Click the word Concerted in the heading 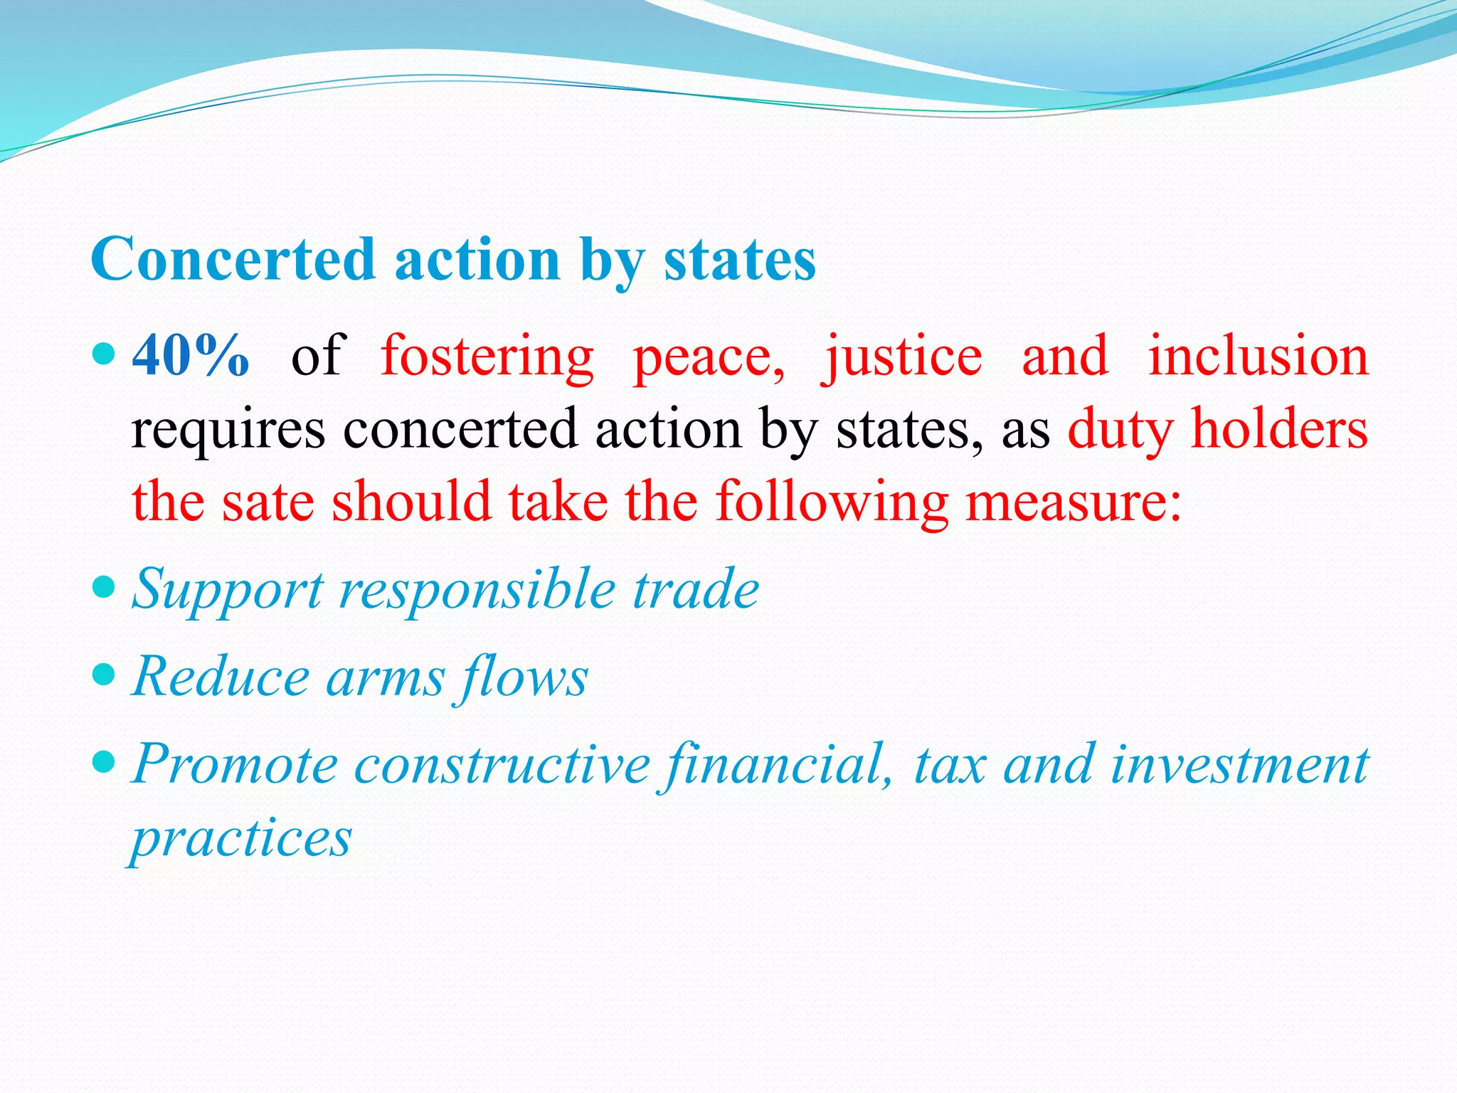pyautogui.click(x=233, y=260)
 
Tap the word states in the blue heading pyautogui.click(x=740, y=260)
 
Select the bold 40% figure pyautogui.click(x=191, y=355)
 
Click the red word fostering pyautogui.click(x=487, y=355)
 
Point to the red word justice pyautogui.click(x=902, y=355)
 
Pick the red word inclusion pyautogui.click(x=1258, y=355)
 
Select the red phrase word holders pyautogui.click(x=1279, y=429)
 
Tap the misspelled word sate pyautogui.click(x=268, y=502)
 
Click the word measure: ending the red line pyautogui.click(x=1074, y=502)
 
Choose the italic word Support pyautogui.click(x=228, y=590)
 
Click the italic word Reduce pyautogui.click(x=221, y=677)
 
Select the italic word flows pyautogui.click(x=523, y=677)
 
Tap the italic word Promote pyautogui.click(x=235, y=764)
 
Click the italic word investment pyautogui.click(x=1239, y=764)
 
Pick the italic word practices pyautogui.click(x=241, y=838)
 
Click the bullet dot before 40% pyautogui.click(x=104, y=352)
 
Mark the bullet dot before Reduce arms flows pyautogui.click(x=104, y=674)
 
